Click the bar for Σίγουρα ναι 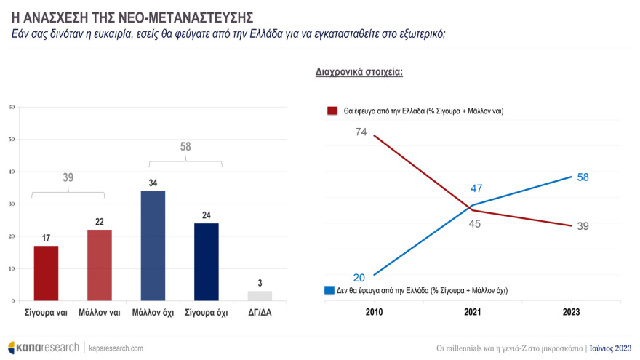[x=45, y=273]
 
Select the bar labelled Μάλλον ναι [x=99, y=265]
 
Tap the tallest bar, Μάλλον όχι [x=153, y=246]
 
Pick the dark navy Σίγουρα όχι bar [x=206, y=262]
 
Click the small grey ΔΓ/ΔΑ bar [x=260, y=296]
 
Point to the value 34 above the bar [x=153, y=183]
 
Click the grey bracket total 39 [x=68, y=177]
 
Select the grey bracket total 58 [x=185, y=147]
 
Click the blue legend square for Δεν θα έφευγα [x=329, y=290]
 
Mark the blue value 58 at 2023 [x=583, y=177]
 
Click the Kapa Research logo [x=43, y=348]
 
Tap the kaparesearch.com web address [x=116, y=348]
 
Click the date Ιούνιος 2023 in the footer [x=610, y=348]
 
